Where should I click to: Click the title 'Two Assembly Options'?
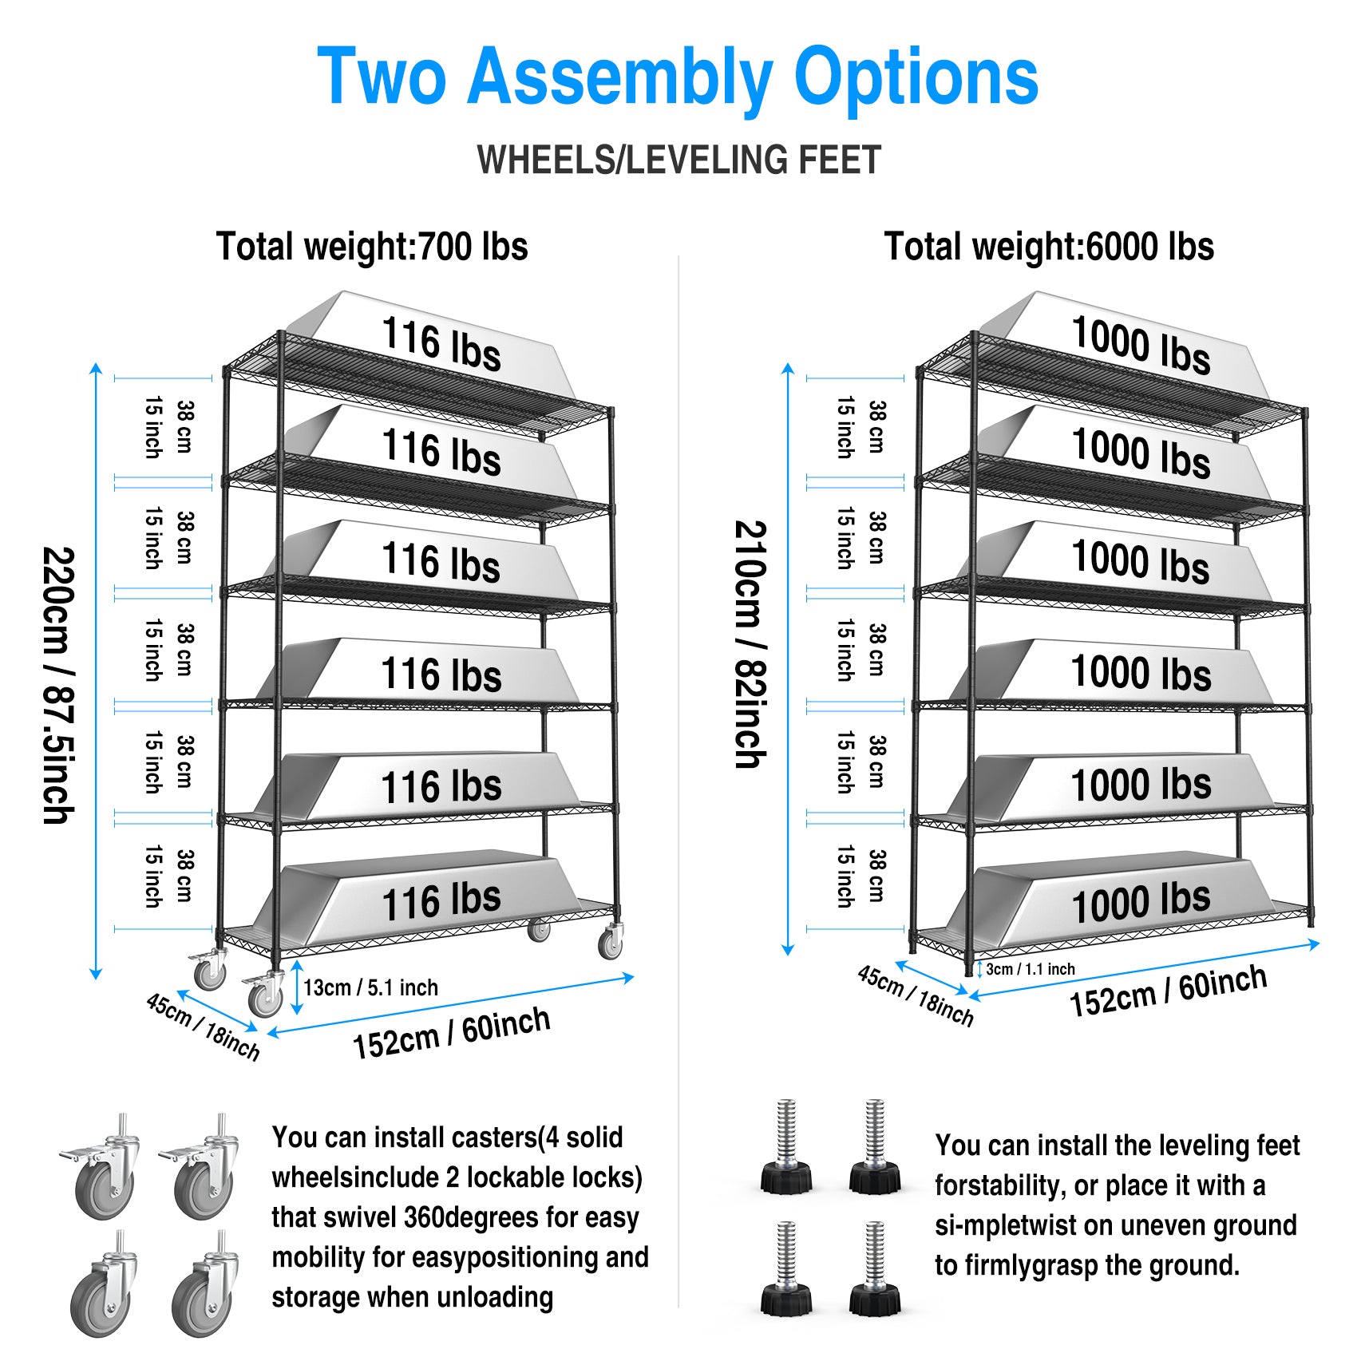pyautogui.click(x=678, y=77)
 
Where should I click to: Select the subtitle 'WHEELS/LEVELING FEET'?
pyautogui.click(x=678, y=160)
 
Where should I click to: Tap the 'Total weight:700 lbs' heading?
pyautogui.click(x=372, y=247)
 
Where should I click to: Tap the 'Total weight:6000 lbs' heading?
pyautogui.click(x=1049, y=247)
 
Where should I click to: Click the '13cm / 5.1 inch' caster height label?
pyautogui.click(x=370, y=988)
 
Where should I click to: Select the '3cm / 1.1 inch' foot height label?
pyautogui.click(x=1030, y=969)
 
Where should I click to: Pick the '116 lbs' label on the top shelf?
pyautogui.click(x=441, y=345)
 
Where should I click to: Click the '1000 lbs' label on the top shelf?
pyautogui.click(x=1141, y=345)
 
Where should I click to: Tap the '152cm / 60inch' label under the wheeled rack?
pyautogui.click(x=452, y=1033)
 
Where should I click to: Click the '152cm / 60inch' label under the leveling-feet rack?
pyautogui.click(x=1168, y=991)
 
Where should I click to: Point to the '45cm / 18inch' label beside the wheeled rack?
pyautogui.click(x=203, y=1026)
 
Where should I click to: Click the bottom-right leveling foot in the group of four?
pyautogui.click(x=875, y=1269)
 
